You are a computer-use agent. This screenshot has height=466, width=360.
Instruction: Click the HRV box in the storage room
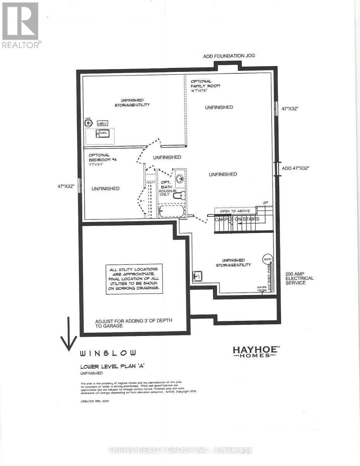point(102,123)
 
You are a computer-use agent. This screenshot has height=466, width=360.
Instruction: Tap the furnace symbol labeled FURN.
point(103,134)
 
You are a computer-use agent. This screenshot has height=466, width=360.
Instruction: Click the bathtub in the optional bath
point(171,212)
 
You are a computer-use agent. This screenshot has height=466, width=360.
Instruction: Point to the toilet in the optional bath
point(179,197)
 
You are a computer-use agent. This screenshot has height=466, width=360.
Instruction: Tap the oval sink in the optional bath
point(179,179)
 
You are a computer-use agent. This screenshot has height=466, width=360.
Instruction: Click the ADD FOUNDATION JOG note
point(229,56)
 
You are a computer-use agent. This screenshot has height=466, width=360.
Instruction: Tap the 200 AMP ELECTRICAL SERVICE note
point(299,278)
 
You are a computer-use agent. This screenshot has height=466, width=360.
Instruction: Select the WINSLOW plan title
point(108,353)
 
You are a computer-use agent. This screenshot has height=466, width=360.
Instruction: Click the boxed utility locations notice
point(134,279)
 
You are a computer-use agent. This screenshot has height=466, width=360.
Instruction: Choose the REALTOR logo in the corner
point(20,25)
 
